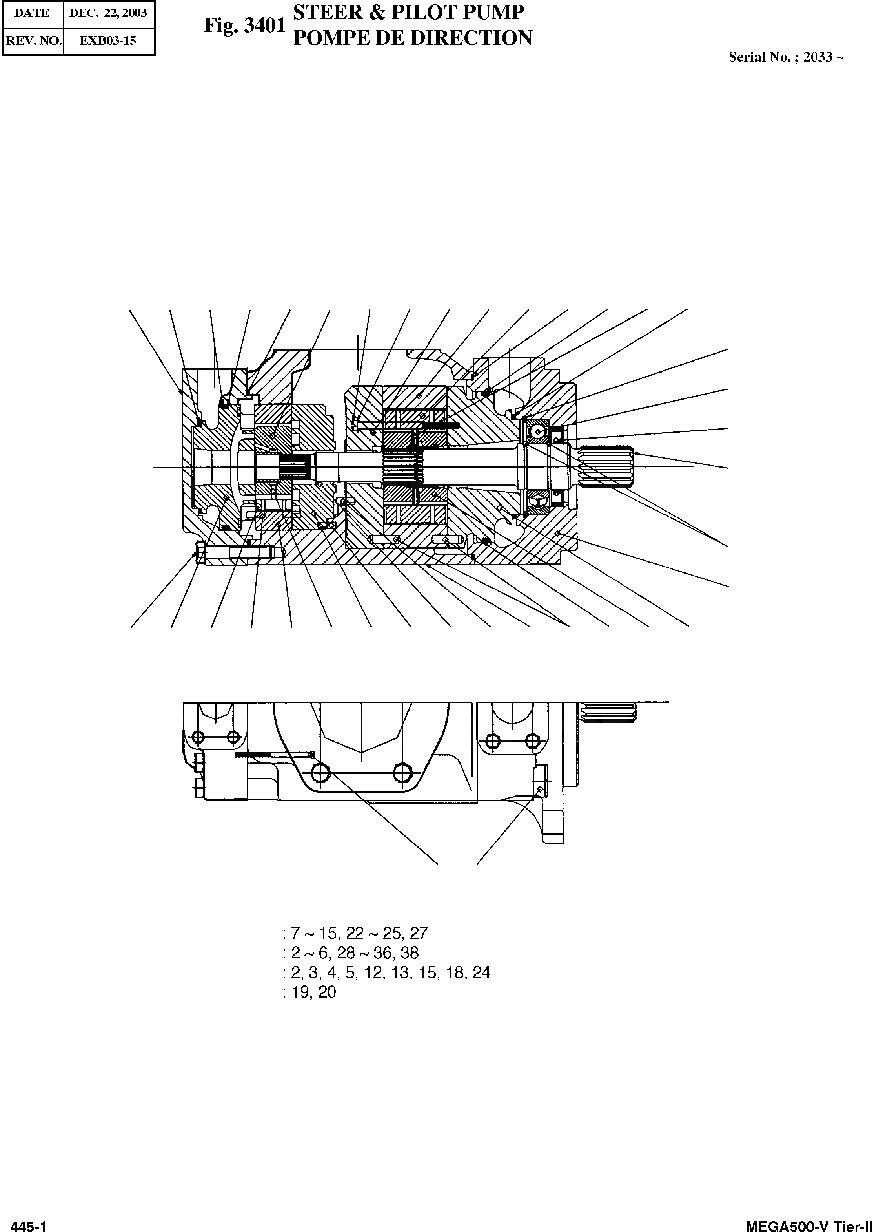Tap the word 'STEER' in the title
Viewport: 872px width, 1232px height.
pyautogui.click(x=328, y=12)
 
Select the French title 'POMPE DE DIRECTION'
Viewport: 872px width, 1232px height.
pyautogui.click(x=412, y=38)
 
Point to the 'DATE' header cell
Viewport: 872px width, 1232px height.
pyautogui.click(x=32, y=13)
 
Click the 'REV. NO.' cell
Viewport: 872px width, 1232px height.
pyautogui.click(x=33, y=40)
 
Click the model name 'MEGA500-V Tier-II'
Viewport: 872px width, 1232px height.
pyautogui.click(x=808, y=1223)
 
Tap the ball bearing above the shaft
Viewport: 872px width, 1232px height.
pyautogui.click(x=537, y=428)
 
